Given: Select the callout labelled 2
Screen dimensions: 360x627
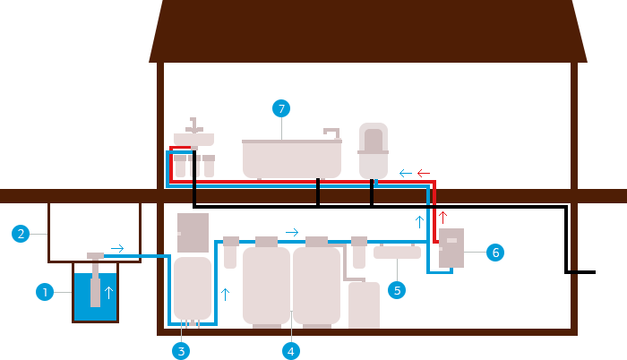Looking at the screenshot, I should click(21, 235).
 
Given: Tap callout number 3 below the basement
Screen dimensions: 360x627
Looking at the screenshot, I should click(181, 350).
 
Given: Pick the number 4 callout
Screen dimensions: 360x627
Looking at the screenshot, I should click(290, 350).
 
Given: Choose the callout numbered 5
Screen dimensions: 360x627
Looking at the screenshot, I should click(396, 289).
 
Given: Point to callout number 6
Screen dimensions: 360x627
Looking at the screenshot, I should click(494, 253).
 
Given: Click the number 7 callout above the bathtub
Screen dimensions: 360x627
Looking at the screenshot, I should click(281, 108).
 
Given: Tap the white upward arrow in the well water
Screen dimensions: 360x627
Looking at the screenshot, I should click(109, 292).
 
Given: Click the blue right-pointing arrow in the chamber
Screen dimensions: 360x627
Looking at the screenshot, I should click(117, 248).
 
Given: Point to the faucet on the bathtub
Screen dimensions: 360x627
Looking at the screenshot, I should click(331, 132).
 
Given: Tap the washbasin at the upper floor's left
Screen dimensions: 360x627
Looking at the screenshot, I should click(193, 139).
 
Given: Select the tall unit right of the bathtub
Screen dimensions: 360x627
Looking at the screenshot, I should click(373, 150).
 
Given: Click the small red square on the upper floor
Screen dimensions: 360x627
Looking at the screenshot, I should click(423, 173).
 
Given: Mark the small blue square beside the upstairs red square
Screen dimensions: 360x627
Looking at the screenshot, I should click(406, 173).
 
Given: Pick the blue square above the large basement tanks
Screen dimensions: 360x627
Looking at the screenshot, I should click(292, 233).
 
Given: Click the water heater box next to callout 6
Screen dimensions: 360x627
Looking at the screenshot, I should click(451, 248).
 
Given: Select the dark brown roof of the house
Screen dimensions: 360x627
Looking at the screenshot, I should click(368, 31).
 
